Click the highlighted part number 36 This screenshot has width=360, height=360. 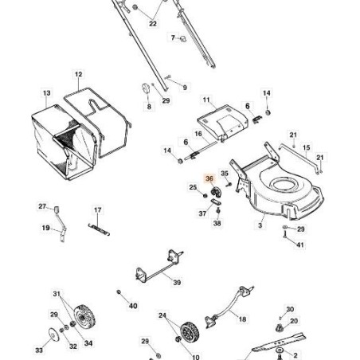pos(209,178)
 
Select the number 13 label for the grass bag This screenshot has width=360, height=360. pos(46,93)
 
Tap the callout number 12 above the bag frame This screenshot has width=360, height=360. pos(78,74)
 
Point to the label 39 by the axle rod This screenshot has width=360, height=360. pos(177,283)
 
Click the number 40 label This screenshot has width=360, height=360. pos(133,306)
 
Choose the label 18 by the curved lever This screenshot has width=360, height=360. pos(242,319)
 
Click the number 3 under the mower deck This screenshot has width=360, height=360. pos(260,225)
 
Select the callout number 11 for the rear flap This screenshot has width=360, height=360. pos(206,100)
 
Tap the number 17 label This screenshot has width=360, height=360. pos(98,210)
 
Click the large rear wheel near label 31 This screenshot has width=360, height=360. pos(83,318)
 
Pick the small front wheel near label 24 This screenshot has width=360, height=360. pos(190,332)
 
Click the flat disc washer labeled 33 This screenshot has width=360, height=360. pos(54,335)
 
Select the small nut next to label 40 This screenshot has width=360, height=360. pos(119,292)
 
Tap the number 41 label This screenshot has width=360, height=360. pos(300,245)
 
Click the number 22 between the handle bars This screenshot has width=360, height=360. pos(153,24)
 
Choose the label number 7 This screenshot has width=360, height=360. pos(173,37)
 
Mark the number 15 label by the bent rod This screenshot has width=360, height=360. pos(306,148)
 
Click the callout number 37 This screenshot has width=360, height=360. pos(202,213)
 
